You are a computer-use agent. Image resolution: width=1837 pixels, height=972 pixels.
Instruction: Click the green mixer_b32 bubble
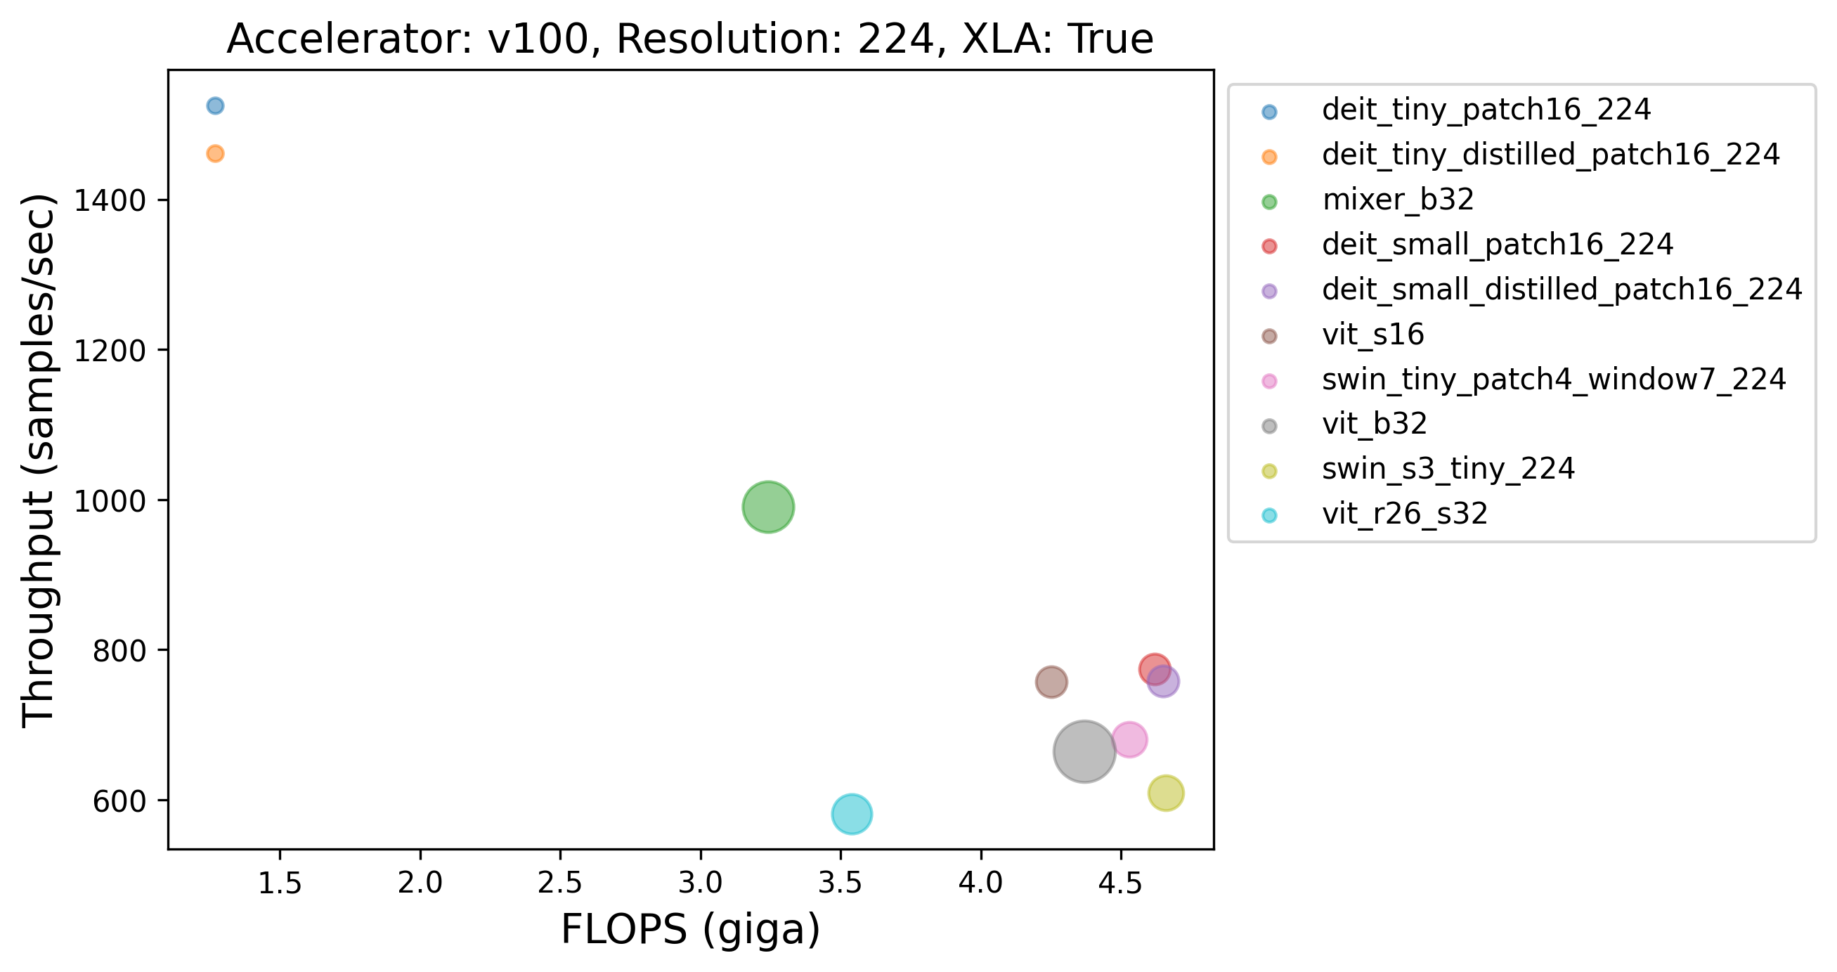768,507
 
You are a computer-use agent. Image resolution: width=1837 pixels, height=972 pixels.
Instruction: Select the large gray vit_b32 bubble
1084,751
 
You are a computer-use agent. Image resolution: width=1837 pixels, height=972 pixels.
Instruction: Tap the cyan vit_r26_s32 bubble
852,814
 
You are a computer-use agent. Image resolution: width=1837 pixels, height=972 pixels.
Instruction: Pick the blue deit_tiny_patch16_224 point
214,105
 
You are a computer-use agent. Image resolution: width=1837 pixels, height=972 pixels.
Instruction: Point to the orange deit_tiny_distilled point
214,153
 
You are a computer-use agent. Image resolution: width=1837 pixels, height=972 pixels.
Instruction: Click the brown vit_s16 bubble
1051,682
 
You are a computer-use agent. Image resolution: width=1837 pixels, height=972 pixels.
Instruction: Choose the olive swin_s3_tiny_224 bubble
1166,793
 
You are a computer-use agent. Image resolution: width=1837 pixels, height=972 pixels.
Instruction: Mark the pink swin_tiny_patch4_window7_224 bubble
1129,739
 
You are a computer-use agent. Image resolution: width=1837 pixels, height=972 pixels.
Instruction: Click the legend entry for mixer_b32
1398,200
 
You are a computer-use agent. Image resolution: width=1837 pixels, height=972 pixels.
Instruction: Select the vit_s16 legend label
1372,335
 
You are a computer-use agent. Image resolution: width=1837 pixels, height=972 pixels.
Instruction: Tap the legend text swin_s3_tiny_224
1448,469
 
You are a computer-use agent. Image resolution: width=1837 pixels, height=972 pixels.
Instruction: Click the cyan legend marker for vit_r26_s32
1269,515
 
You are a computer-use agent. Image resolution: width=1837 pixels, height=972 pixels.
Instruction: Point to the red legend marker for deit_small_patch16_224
1269,246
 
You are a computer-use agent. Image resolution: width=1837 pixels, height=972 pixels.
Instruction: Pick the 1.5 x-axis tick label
280,883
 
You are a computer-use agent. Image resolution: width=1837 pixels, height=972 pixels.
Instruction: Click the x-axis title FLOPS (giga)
690,930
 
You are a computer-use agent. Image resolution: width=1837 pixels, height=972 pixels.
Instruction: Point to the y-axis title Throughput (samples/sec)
39,460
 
